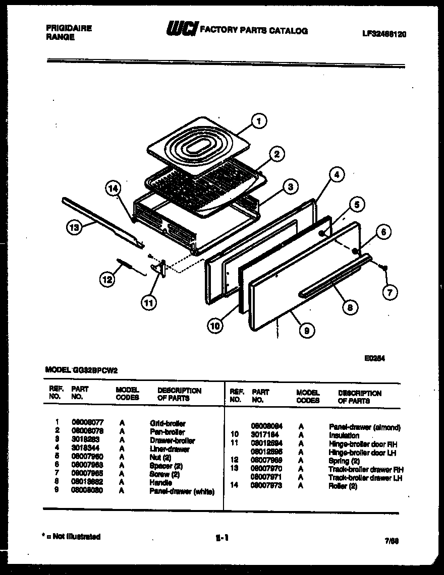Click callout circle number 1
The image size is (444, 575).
point(258,121)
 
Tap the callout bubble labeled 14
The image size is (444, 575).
point(114,189)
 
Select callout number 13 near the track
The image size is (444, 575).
point(75,228)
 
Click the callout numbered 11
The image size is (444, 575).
point(149,303)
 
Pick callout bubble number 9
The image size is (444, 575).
point(307,330)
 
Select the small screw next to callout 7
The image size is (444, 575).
point(384,267)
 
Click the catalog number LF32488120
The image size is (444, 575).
point(384,34)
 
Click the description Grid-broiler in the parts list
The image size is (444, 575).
point(168,424)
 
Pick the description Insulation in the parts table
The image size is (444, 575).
point(344,435)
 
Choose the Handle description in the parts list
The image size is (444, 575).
point(161,483)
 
